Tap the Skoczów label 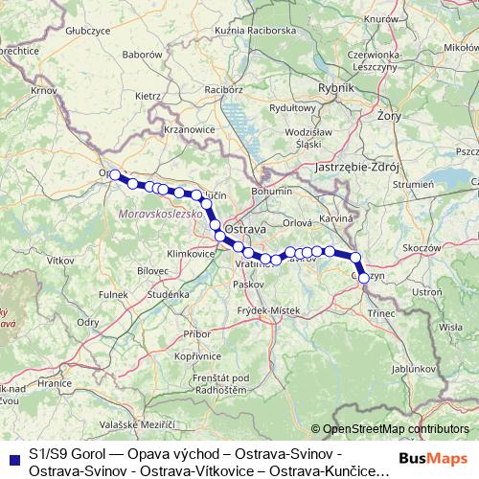(422, 246)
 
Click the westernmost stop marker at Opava (115, 174)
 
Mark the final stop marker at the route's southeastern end (363, 278)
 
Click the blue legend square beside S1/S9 (13, 455)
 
